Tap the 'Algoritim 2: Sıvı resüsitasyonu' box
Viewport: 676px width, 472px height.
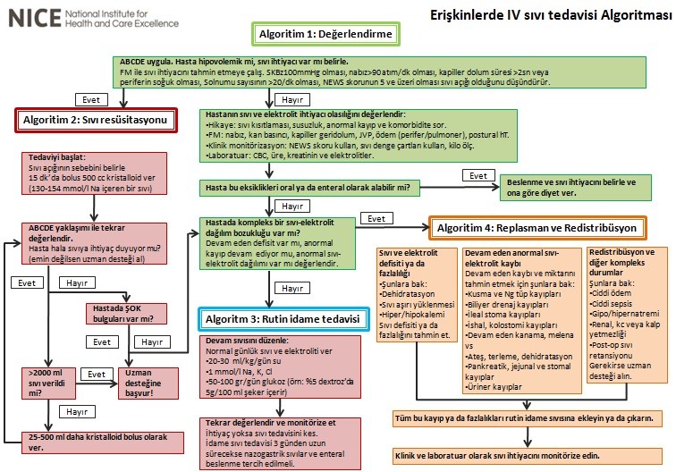tap(92, 120)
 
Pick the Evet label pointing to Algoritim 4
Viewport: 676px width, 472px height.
tap(376, 219)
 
